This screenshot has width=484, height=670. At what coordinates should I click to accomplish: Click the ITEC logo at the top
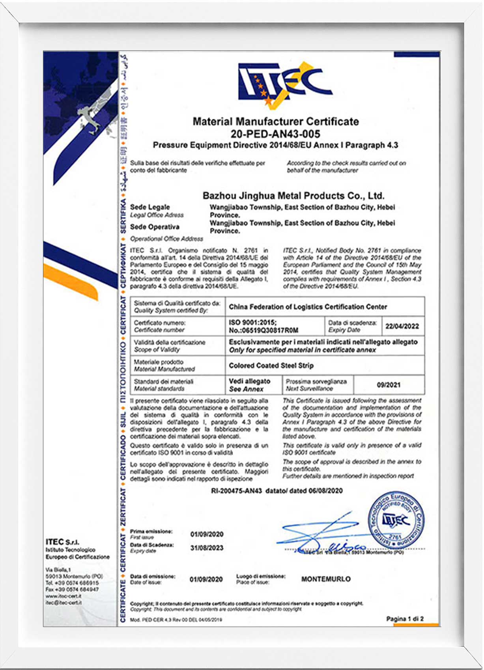coord(285,84)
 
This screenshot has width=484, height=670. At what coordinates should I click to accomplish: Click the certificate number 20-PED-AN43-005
coord(275,134)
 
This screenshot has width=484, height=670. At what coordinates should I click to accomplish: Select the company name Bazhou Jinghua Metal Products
coord(293,196)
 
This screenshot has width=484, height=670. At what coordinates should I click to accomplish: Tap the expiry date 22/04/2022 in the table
coord(402,326)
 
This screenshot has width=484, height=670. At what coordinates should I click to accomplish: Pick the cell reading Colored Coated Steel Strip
coord(271,366)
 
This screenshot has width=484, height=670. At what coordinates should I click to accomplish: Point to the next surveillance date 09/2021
coord(389,385)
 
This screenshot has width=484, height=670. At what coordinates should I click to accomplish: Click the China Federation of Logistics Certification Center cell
coord(308,307)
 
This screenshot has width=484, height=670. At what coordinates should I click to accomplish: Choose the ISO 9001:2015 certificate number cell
coord(263,326)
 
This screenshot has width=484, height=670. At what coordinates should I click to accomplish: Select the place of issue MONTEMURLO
coord(326,579)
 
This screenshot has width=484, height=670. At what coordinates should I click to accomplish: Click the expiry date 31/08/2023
coord(207,548)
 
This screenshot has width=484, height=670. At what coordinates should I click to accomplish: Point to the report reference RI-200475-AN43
coord(237,491)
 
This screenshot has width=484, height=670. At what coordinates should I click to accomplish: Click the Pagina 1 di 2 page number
coord(405,619)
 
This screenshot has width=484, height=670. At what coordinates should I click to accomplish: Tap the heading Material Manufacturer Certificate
coord(275,121)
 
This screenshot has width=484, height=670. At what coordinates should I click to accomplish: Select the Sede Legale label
coord(150,207)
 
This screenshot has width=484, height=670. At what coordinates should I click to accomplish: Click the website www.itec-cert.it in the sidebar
coord(63,596)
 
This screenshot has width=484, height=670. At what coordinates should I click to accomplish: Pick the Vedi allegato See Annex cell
coord(249,385)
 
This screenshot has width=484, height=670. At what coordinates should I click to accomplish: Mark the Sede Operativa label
coord(155,227)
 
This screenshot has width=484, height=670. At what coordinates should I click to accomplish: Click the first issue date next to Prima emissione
coord(207,534)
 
